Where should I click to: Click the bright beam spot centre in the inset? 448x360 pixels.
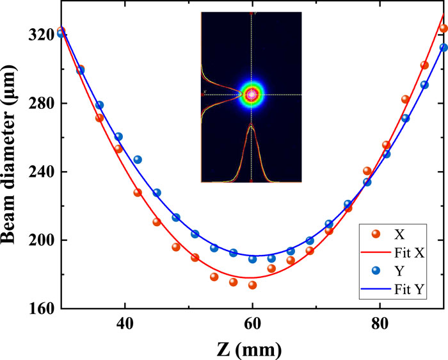point(252,95)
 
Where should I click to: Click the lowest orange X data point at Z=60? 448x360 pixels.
point(252,285)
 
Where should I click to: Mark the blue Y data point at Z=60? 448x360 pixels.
point(252,259)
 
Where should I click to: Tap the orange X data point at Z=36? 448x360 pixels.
point(99,118)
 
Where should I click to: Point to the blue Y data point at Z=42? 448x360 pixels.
point(138,160)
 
